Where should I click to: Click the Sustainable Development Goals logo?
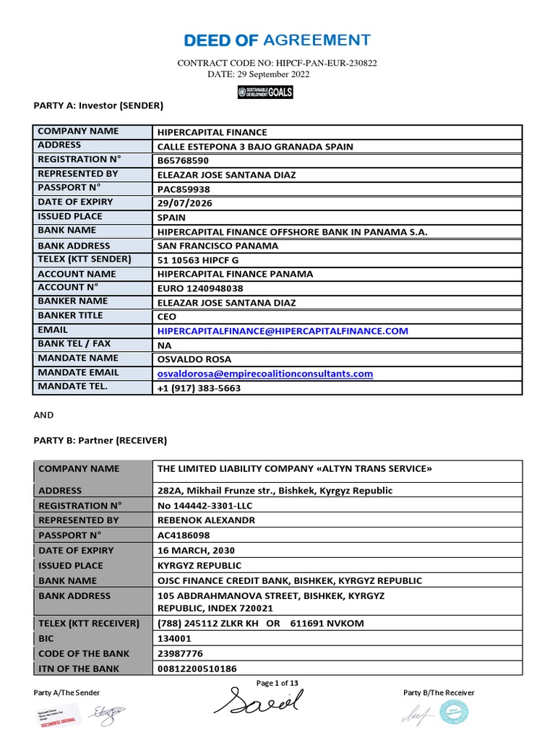pos(265,92)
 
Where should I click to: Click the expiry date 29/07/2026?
pos(186,203)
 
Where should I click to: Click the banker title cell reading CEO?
pos(167,317)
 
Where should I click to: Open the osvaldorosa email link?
pos(265,374)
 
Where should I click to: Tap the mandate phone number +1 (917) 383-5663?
pos(199,388)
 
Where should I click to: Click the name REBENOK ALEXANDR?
pos(206,520)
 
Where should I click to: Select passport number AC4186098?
pos(186,535)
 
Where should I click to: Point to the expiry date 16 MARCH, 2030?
pos(196,551)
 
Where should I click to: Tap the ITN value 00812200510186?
pos(197,669)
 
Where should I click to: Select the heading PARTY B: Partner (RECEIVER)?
pos(100,439)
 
